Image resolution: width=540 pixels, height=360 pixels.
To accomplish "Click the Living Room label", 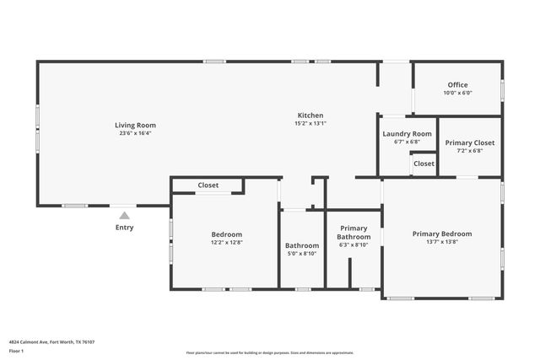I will click(x=135, y=126).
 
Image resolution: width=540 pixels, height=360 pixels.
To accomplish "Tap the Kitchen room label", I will click(x=310, y=116).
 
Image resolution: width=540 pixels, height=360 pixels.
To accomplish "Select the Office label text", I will click(x=457, y=85).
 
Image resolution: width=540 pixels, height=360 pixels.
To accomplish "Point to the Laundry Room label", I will click(x=407, y=134).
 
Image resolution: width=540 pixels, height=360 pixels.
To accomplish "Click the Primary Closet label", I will click(x=469, y=143).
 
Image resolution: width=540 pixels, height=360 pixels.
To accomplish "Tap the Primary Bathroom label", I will click(x=354, y=233).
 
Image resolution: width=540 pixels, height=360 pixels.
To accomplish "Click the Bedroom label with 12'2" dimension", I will click(x=226, y=234).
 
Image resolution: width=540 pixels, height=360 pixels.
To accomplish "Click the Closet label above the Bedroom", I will click(x=208, y=185).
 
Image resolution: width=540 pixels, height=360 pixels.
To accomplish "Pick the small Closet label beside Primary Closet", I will click(x=424, y=164).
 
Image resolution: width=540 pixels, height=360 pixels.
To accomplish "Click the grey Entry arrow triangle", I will click(x=124, y=215).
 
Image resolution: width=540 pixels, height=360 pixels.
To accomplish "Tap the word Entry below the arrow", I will click(x=124, y=228).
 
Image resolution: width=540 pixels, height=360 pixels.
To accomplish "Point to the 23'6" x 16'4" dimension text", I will click(x=135, y=133).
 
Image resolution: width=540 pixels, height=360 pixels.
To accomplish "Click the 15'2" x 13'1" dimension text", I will click(x=310, y=124).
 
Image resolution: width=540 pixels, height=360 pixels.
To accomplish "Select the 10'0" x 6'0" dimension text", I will click(x=457, y=93).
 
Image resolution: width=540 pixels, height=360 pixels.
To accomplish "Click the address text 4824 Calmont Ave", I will click(x=51, y=342).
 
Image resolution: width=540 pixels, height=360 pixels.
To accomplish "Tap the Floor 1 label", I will click(x=17, y=350).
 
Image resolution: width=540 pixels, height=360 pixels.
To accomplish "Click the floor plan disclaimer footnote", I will click(x=269, y=352).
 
